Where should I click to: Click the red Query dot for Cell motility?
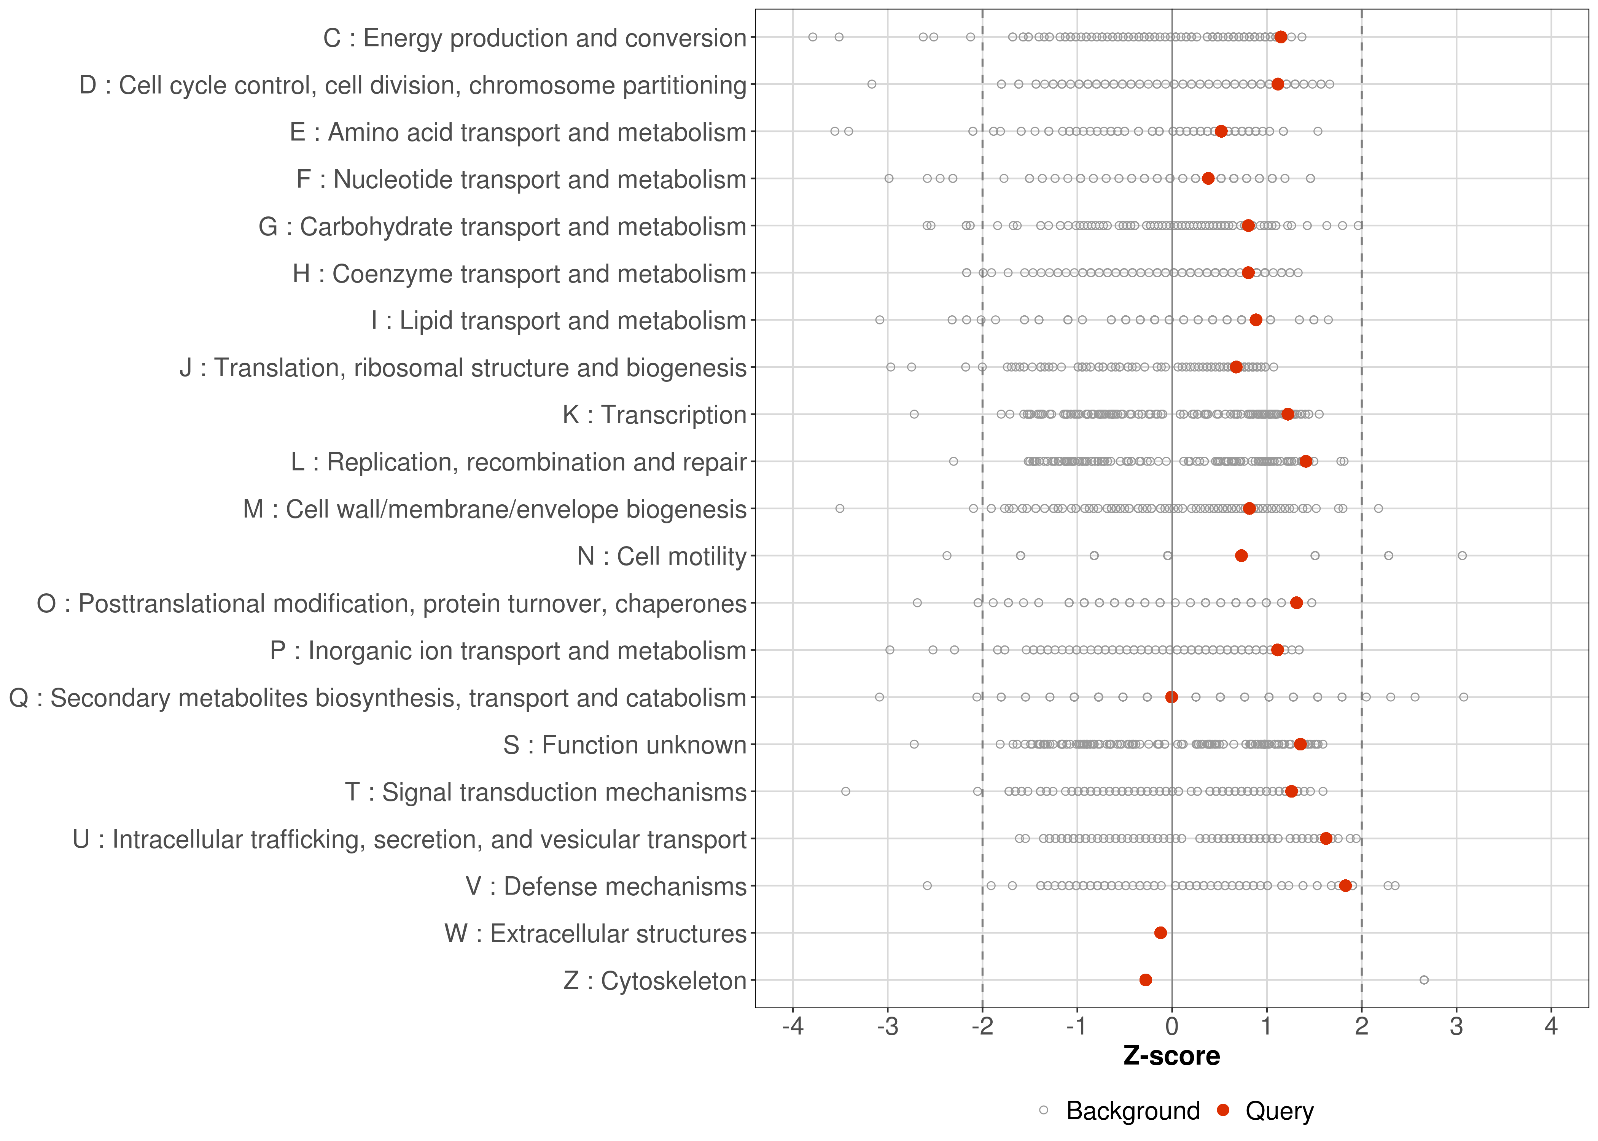(x=1241, y=556)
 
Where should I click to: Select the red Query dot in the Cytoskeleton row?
(x=1146, y=980)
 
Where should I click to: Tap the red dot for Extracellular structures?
(x=1160, y=933)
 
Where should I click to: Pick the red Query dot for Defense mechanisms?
(x=1345, y=886)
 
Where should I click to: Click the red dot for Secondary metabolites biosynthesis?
(x=1171, y=697)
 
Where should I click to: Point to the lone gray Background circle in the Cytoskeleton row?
(x=1424, y=980)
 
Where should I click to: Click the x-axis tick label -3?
(x=888, y=1027)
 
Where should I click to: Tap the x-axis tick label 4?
(x=1551, y=1027)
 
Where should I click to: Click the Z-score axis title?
(x=1171, y=1056)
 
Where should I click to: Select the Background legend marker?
(x=1044, y=1111)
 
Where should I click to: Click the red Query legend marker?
(x=1224, y=1110)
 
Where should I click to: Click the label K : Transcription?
(x=654, y=415)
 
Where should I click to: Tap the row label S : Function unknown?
(x=625, y=745)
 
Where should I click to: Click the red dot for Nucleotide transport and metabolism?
(x=1208, y=178)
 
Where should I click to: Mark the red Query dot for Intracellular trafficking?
(x=1326, y=838)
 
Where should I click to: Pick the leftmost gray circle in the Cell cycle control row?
(x=871, y=84)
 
